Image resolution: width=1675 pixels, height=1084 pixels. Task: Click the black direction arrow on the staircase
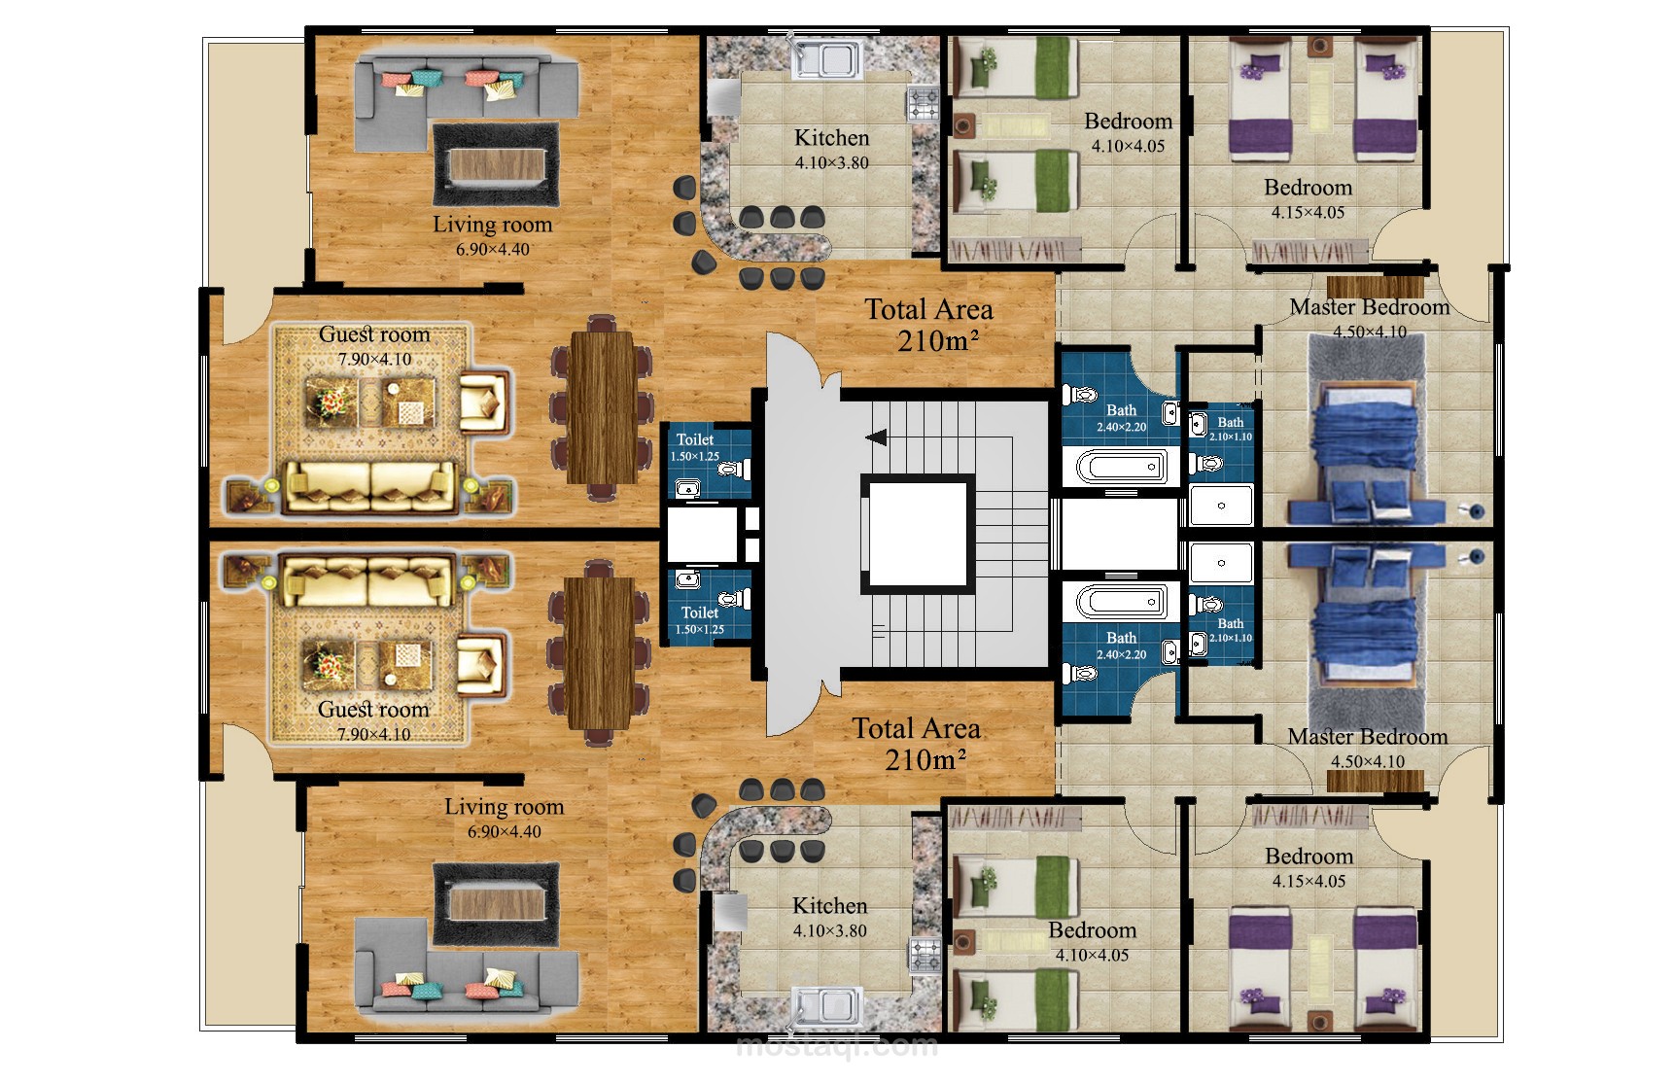tap(876, 437)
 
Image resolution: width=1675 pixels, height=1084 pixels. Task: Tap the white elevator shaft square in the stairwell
tap(917, 534)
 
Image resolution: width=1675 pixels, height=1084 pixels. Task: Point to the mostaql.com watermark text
tap(837, 1046)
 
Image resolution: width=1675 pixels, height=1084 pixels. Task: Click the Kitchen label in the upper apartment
tap(831, 138)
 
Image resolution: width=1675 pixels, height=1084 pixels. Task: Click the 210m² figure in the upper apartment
tap(937, 341)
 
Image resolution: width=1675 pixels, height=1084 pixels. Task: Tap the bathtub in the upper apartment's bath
tap(1121, 467)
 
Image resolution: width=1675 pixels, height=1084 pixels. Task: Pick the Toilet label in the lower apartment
tap(699, 612)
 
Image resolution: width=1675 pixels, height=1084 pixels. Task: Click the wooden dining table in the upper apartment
tap(603, 407)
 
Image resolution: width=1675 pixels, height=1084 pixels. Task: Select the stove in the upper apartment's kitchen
tap(923, 102)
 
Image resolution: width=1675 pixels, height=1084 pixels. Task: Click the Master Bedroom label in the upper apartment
tap(1369, 307)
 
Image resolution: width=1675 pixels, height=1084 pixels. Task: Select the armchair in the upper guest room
tap(483, 402)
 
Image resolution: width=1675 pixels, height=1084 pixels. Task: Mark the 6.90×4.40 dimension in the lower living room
tap(504, 832)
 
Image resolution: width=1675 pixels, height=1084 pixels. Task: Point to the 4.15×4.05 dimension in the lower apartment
tap(1309, 882)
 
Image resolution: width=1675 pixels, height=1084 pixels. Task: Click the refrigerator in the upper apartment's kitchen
tap(725, 98)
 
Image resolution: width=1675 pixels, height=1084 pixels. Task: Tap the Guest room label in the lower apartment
tap(373, 710)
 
